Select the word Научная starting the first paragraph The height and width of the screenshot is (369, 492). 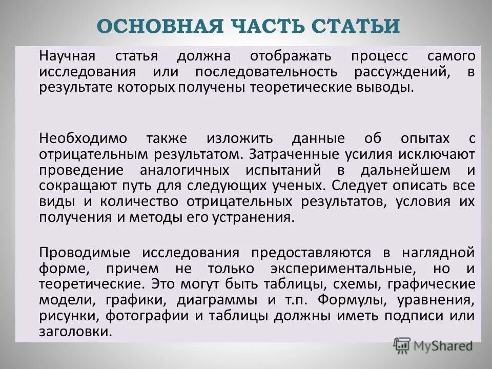pos(70,56)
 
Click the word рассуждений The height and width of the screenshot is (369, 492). pos(402,71)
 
